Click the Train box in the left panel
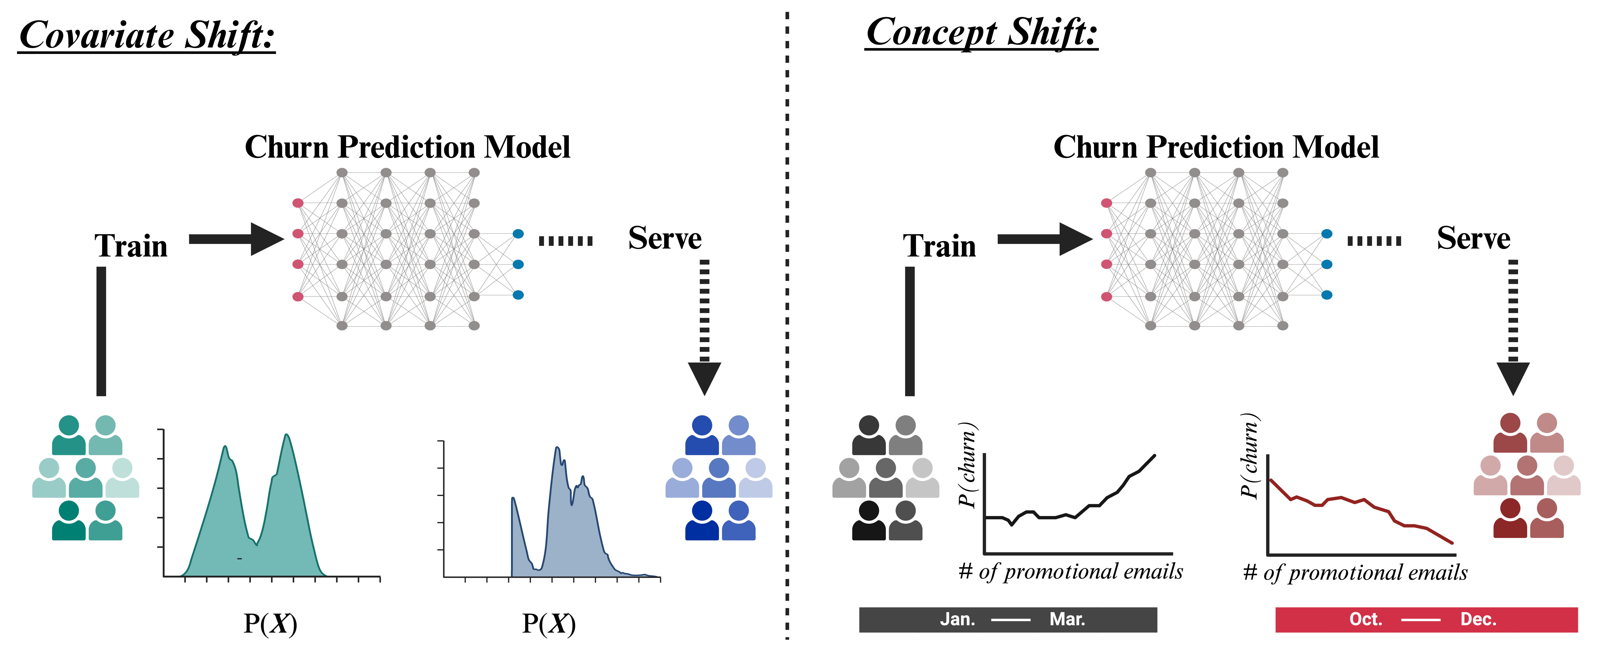coord(134,244)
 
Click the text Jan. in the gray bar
coord(957,620)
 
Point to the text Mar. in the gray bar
coord(1067,620)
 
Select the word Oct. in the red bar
coord(1366,620)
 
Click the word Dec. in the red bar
coord(1478,620)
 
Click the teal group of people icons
coord(86,478)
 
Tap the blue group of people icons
coord(719,478)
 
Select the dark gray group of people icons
coord(886,478)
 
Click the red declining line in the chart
coord(1360,502)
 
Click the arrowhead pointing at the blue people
coord(704,377)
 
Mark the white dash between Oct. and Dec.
coord(1421,620)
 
